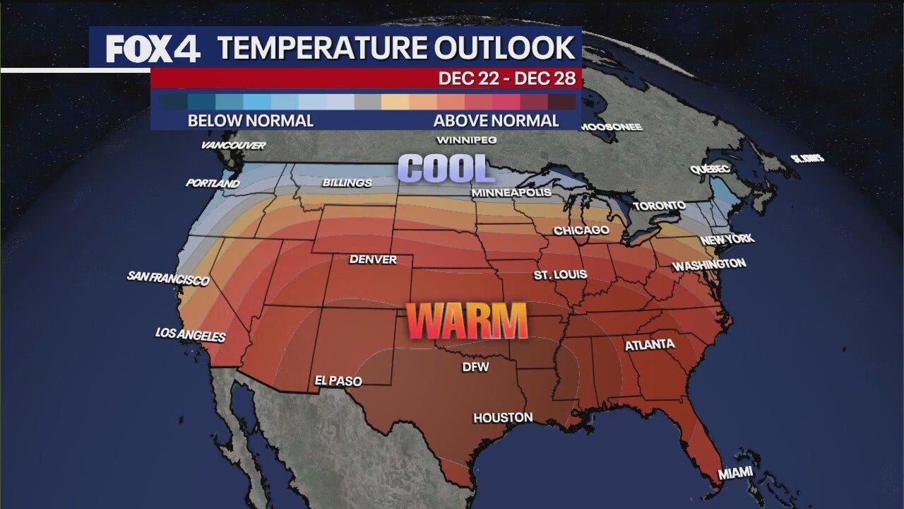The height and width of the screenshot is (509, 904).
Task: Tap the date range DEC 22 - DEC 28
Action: pos(507,78)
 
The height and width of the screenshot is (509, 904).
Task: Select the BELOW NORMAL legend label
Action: pos(250,121)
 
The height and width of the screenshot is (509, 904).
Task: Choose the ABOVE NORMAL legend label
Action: pos(496,121)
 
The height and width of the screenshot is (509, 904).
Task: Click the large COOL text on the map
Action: pos(446,170)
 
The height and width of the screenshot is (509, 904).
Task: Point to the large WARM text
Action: pos(468,321)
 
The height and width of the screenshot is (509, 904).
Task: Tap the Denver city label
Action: pos(373,259)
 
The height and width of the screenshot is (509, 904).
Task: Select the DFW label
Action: pos(475,367)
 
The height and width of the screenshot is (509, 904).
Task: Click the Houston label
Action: pos(503,418)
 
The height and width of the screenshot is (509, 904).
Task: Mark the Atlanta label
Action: pos(650,345)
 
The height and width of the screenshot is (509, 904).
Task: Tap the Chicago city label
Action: pos(581,230)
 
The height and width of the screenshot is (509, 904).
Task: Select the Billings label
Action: pos(347,183)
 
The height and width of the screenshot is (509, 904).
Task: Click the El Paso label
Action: pos(338,381)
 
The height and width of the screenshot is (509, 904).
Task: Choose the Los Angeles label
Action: pos(191,334)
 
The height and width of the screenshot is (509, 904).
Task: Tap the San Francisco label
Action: pos(169,278)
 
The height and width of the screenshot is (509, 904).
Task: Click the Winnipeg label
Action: pos(467,140)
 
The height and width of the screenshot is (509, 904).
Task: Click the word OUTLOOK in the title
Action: pos(504,48)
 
